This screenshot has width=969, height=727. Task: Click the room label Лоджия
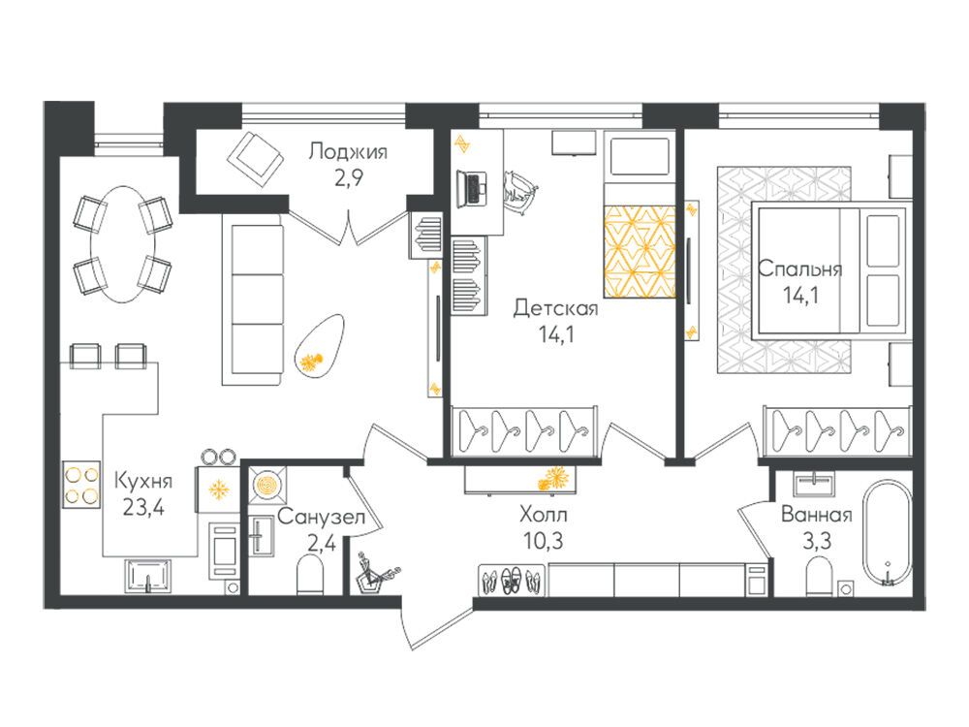click(x=348, y=151)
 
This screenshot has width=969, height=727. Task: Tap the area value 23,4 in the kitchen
click(x=142, y=508)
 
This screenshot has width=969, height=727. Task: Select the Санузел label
click(x=321, y=517)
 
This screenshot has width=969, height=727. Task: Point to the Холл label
click(x=544, y=515)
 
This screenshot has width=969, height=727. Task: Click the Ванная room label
click(x=816, y=515)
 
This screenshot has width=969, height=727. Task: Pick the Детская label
click(x=555, y=308)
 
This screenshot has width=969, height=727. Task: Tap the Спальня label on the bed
click(x=799, y=269)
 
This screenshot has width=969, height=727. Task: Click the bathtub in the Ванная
click(x=887, y=533)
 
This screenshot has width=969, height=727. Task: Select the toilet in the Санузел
click(x=310, y=574)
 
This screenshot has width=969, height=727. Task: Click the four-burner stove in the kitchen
click(x=81, y=485)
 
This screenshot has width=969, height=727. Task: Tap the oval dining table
click(x=123, y=245)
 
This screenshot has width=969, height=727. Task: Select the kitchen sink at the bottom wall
click(x=148, y=574)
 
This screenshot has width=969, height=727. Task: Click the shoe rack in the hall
click(x=513, y=580)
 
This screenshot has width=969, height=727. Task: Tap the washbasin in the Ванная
click(x=816, y=483)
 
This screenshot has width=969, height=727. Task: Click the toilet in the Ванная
click(x=821, y=576)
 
